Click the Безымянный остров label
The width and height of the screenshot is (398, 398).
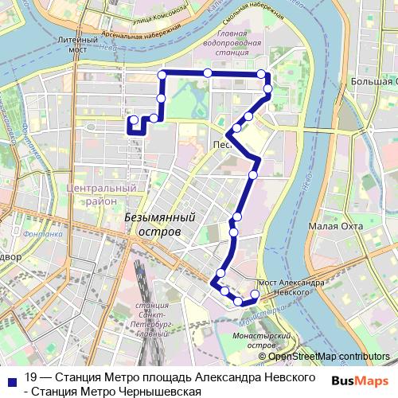point(159,224)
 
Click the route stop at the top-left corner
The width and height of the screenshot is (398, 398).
point(162,74)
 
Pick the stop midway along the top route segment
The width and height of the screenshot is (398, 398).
point(207,73)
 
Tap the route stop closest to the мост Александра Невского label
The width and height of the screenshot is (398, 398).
point(255,295)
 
